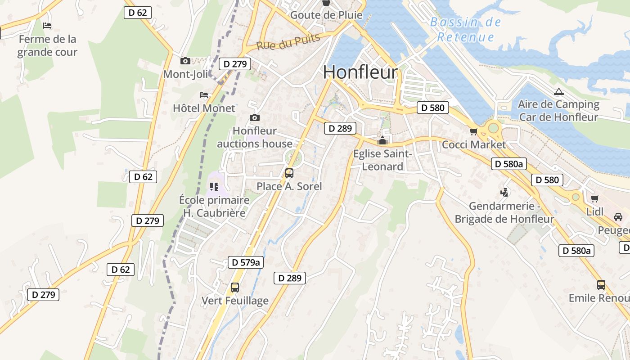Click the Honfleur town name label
pos(360,72)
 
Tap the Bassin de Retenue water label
pos(465,29)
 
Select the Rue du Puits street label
pos(288,42)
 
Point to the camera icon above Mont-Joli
pos(185,61)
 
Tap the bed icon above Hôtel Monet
pos(204,95)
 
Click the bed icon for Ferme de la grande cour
pos(47,26)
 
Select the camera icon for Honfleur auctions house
pos(255,118)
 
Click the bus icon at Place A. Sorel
pos(289,173)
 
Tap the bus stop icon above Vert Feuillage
pos(234,287)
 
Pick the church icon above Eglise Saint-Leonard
pos(382,140)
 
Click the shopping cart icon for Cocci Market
pos(473,131)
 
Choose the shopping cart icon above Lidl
pos(595,198)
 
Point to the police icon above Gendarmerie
pos(504,193)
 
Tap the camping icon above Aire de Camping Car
pos(558,92)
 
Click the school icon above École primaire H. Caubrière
pos(214,186)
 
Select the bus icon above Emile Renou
pos(601,284)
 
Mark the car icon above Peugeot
pos(618,217)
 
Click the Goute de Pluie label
pos(326,15)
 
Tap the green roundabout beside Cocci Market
pos(494,128)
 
